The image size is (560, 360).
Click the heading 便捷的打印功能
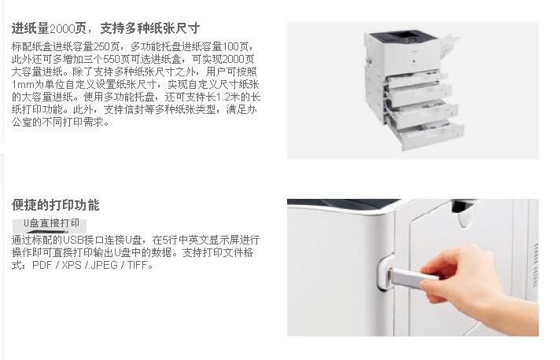55,205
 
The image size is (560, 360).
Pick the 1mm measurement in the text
21,84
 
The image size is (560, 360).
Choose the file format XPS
72,265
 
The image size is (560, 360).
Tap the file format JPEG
105,265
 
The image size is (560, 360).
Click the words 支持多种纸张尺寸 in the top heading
150,28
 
